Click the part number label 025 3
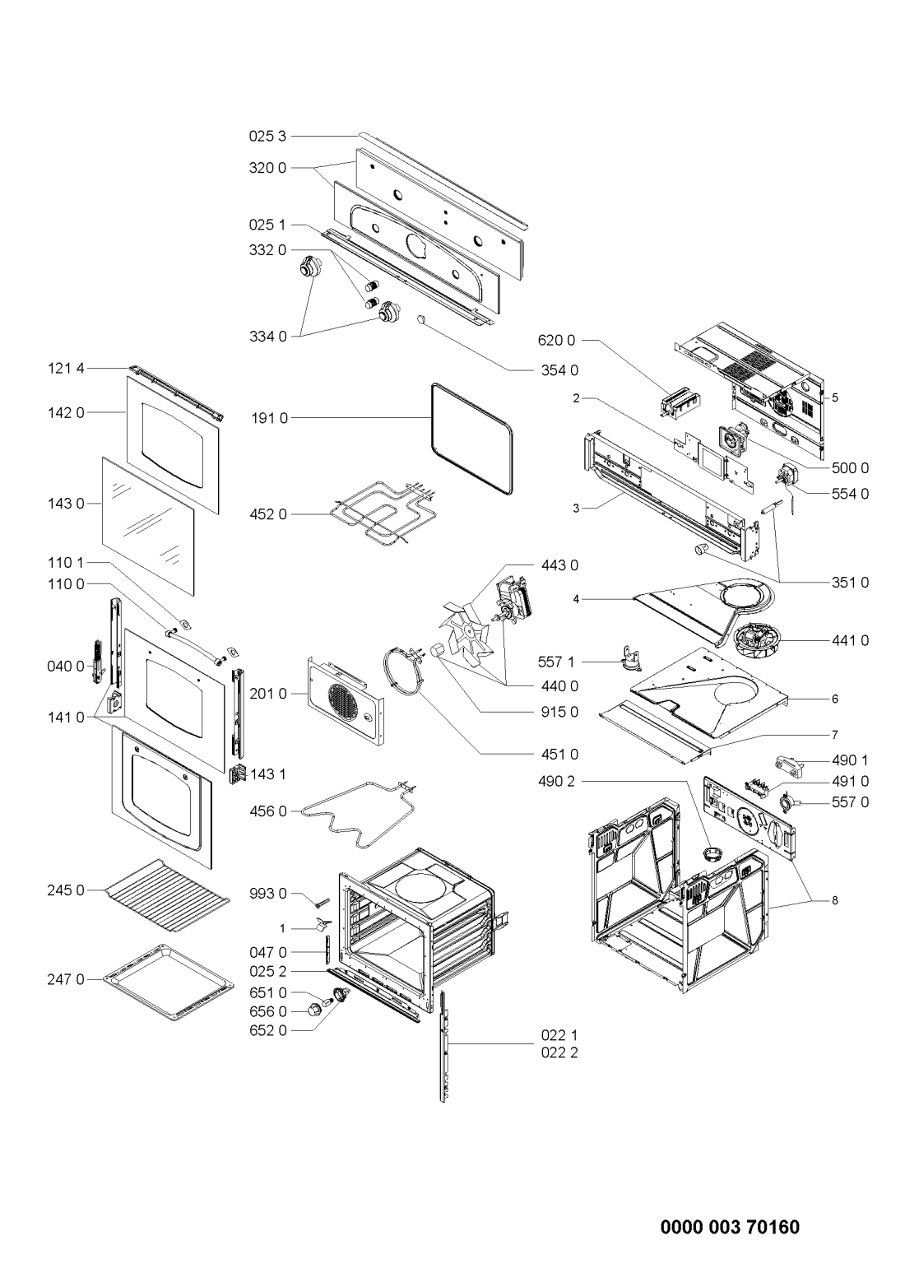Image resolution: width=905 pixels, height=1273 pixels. tap(267, 137)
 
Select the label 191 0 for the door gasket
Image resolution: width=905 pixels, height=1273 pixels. tap(270, 418)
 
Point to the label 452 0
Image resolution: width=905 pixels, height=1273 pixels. tap(268, 514)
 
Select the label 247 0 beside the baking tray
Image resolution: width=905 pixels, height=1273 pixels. tap(65, 979)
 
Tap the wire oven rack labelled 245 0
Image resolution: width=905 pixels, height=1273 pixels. tap(167, 895)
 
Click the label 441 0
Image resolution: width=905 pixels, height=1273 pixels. tap(850, 640)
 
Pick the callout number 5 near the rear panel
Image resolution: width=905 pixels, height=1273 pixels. tap(835, 397)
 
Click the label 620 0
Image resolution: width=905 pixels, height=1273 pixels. tap(557, 341)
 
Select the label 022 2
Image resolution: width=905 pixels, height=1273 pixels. tap(559, 1052)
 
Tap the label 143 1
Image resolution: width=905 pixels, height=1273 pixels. tap(268, 774)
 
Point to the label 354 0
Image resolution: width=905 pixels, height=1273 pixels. tap(559, 370)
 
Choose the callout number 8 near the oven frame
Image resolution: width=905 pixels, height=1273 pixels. tap(835, 900)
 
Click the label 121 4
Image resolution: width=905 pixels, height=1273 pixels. tap(65, 369)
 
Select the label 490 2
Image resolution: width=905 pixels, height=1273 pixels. tap(557, 782)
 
